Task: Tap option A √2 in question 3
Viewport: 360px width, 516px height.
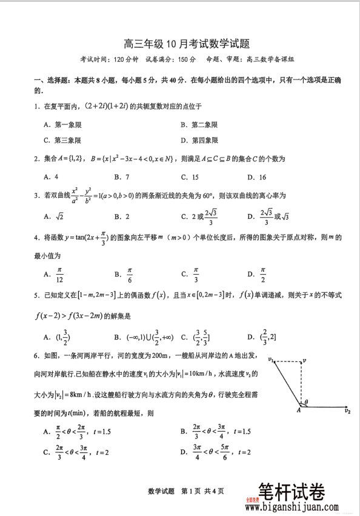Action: pos(56,216)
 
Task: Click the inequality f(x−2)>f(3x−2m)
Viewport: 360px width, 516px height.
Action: pos(72,316)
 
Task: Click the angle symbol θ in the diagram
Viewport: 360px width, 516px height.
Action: pos(306,401)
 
